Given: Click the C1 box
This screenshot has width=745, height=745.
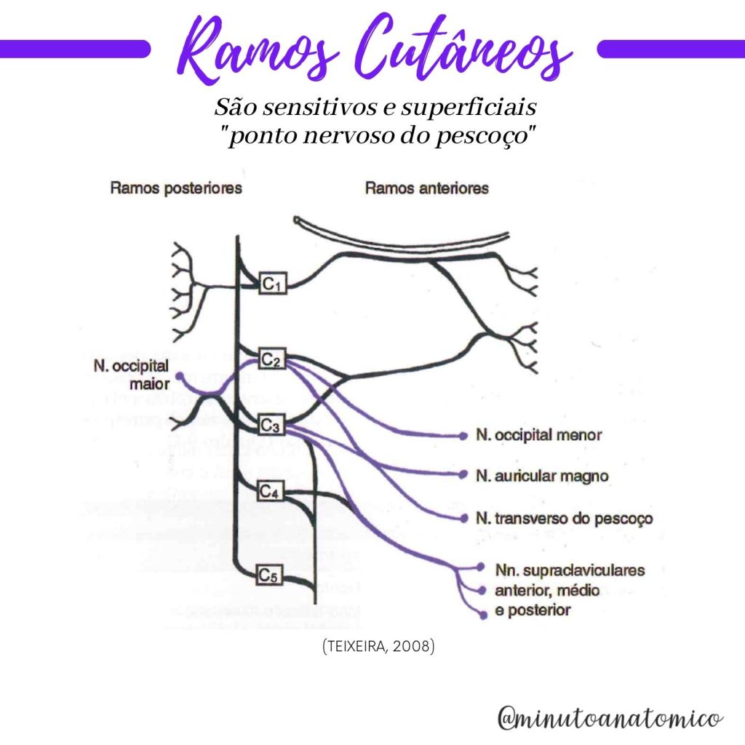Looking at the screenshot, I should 272,285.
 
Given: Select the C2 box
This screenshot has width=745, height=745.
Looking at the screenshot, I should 272,359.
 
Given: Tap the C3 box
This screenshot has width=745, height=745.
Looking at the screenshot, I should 272,423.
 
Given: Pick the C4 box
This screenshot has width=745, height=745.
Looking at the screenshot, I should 271,493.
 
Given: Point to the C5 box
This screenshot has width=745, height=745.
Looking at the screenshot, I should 268,576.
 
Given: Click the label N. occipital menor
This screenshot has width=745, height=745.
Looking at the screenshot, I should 538,436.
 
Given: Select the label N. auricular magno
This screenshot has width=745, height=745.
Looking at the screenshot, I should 542,477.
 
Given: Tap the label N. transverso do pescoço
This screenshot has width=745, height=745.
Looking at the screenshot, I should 564,519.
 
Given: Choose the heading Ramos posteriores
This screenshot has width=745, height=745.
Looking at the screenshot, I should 176,188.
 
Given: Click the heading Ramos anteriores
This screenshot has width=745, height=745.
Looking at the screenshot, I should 427,188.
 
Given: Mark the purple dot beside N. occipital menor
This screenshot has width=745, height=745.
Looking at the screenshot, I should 463,436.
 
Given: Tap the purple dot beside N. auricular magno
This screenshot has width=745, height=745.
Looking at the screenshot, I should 463,475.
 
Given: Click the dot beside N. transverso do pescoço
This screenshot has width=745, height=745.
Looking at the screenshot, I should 464,518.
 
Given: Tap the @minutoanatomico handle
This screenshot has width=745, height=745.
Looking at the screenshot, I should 610,717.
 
